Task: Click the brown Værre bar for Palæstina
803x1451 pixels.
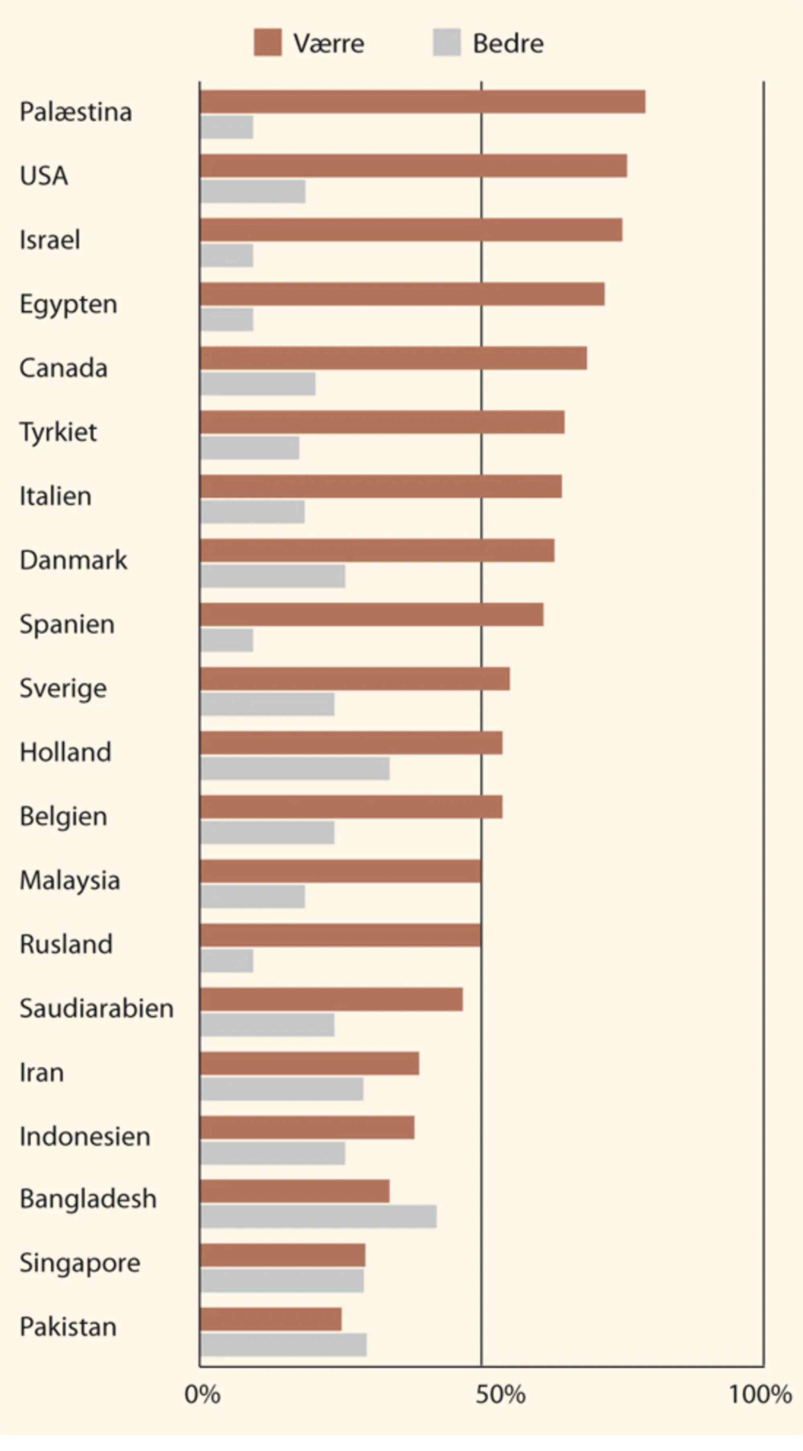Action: pos(423,102)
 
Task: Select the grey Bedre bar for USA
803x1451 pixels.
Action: pos(253,191)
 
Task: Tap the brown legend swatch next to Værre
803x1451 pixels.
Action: pos(268,43)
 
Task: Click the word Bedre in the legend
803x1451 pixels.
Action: pos(508,43)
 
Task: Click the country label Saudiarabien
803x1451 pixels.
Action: pos(96,1008)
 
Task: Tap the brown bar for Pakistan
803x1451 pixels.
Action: pos(271,1319)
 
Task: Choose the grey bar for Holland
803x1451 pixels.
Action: pos(295,768)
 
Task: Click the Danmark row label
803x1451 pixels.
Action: pos(73,560)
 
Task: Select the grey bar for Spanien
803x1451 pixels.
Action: pos(227,641)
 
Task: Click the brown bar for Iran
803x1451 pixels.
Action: pos(310,1064)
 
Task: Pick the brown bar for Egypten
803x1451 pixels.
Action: pos(402,294)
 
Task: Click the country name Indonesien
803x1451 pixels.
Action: pos(85,1137)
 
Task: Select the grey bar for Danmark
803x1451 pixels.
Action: pos(273,576)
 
